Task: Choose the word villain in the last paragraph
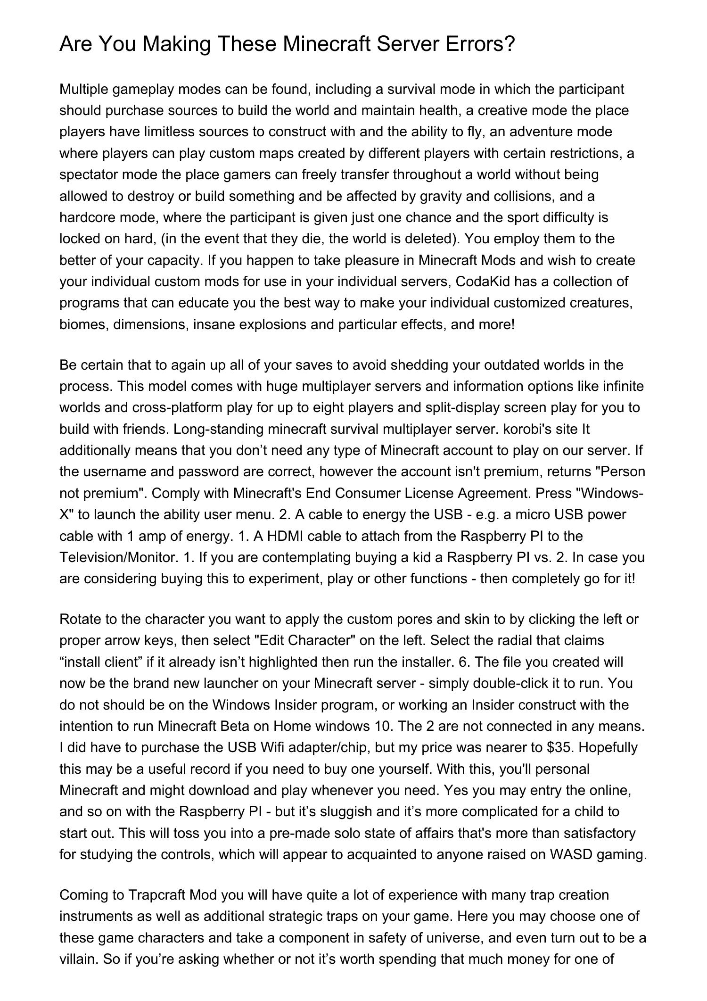(x=77, y=960)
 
